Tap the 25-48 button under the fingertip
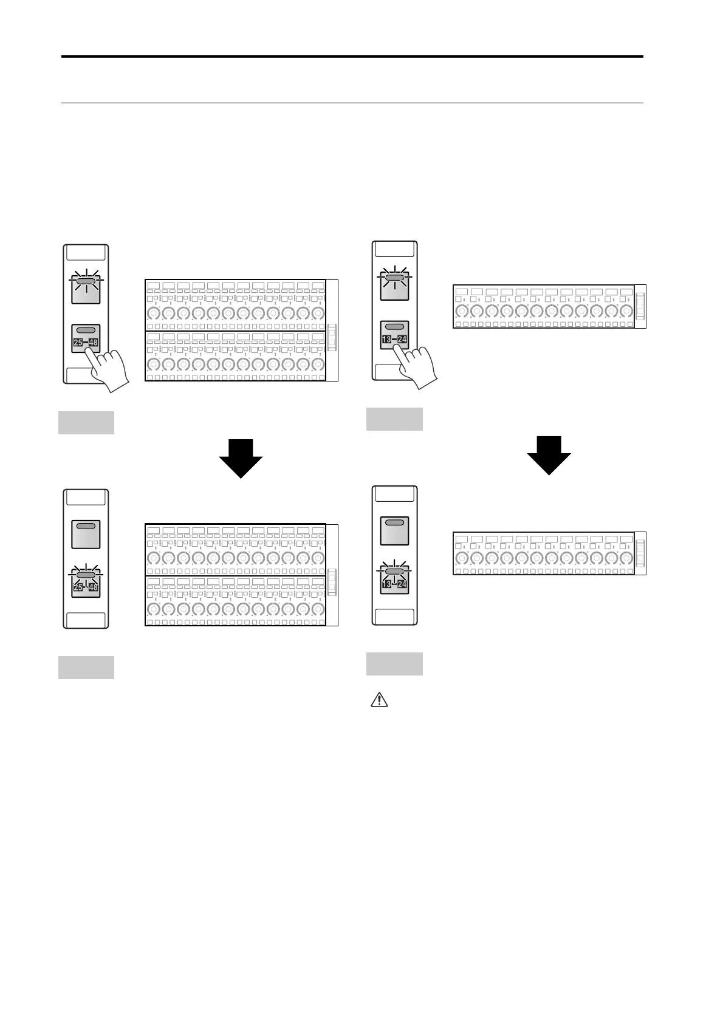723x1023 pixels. [x=85, y=338]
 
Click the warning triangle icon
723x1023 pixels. [x=379, y=700]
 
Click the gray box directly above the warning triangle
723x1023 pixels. [x=394, y=663]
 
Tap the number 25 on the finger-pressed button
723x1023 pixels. [x=78, y=343]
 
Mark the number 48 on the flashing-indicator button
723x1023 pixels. [x=93, y=588]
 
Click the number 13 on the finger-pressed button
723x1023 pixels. [x=386, y=339]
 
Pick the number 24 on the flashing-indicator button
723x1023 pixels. [x=402, y=584]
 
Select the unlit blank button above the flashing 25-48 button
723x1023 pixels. [x=85, y=534]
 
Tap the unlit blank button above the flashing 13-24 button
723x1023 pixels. [x=394, y=530]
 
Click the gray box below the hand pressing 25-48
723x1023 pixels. [x=86, y=423]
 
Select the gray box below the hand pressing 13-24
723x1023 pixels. [x=394, y=419]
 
